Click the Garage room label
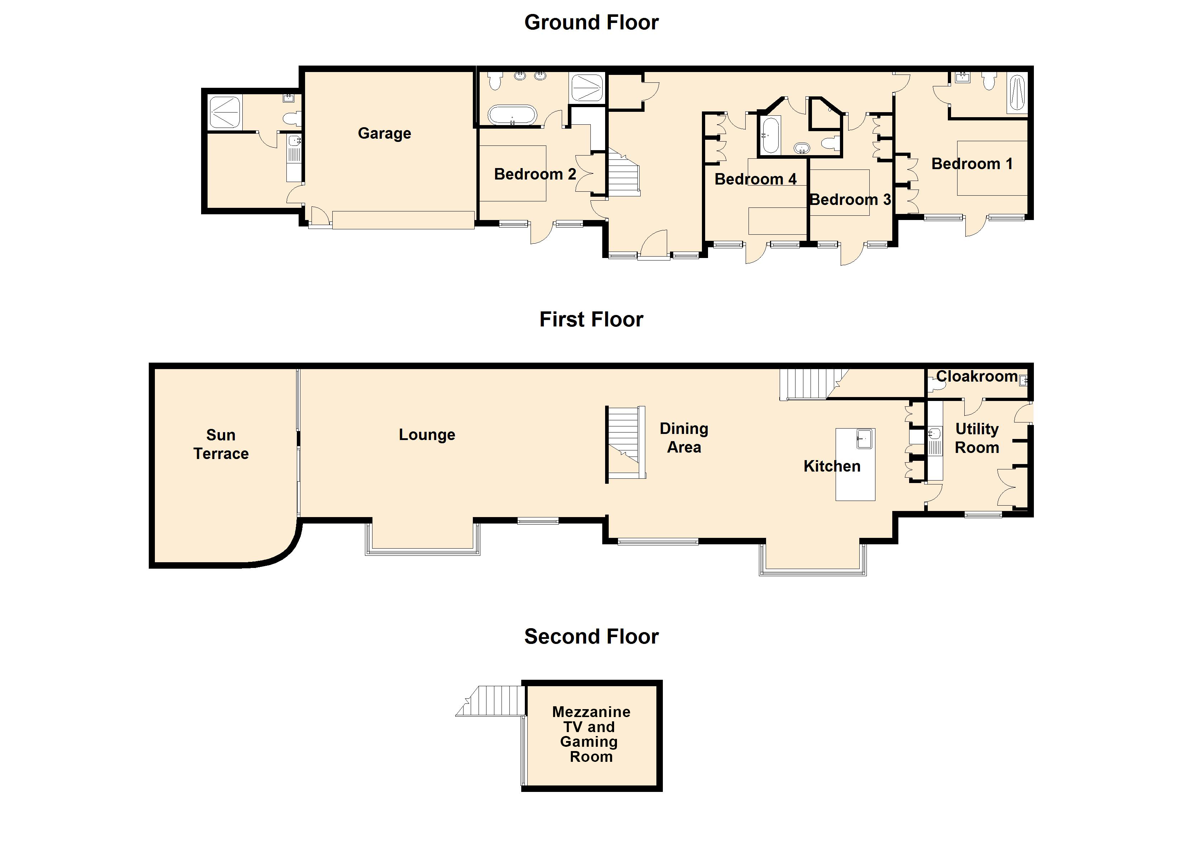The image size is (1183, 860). [384, 134]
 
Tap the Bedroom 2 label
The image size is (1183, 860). [535, 174]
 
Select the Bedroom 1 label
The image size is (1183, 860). [972, 164]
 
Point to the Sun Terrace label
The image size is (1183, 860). [221, 444]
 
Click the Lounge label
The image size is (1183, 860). [427, 435]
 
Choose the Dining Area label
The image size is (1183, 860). [684, 438]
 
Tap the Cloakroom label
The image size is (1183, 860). [977, 377]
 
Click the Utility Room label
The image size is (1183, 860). [977, 439]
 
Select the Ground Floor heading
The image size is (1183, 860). [591, 23]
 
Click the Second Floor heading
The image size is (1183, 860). [591, 637]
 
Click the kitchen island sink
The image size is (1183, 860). [864, 439]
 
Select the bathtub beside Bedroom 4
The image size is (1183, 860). [770, 135]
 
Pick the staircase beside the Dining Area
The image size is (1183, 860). [626, 442]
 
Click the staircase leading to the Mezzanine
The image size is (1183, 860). [491, 701]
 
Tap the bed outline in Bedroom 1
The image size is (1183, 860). [992, 168]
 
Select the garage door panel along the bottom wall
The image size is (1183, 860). [403, 220]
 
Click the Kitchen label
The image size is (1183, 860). [832, 466]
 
